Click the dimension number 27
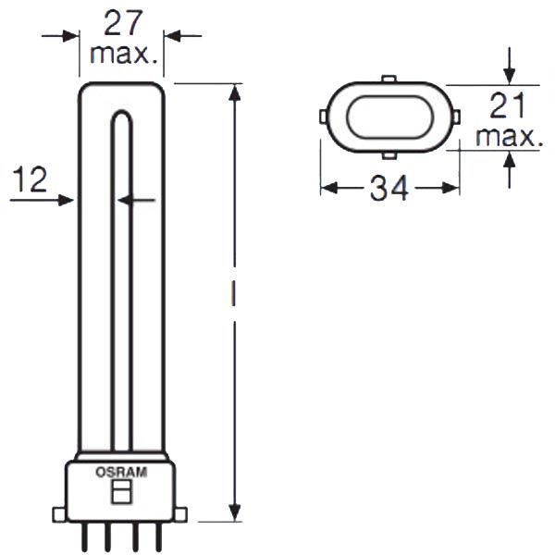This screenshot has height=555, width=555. click(122, 21)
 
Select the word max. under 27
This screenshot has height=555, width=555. click(122, 53)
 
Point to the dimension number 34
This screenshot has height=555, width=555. click(389, 189)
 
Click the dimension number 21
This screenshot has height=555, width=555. click(507, 107)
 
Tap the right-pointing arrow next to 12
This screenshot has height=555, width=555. click(65, 200)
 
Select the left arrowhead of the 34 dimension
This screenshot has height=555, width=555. click(328, 188)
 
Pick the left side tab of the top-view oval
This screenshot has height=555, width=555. click(322, 117)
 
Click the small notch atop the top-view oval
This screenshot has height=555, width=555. click(389, 80)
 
